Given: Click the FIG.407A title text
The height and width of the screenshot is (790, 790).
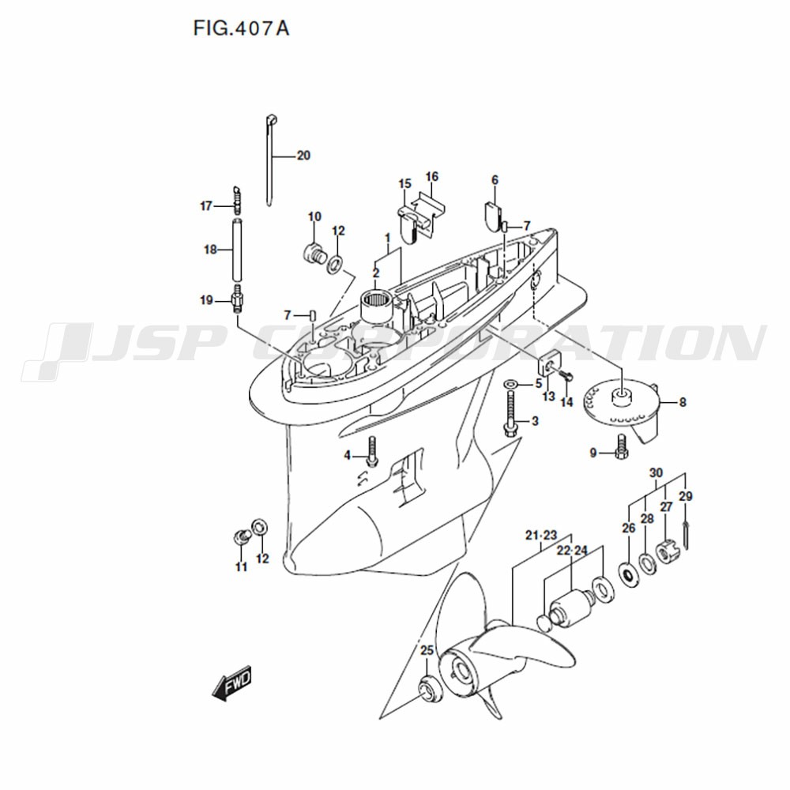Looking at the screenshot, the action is click(241, 28).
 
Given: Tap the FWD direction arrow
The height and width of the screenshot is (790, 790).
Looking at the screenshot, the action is click(231, 685).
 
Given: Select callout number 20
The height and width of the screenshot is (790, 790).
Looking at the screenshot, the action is click(303, 156).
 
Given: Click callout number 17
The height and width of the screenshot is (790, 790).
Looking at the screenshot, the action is click(206, 206).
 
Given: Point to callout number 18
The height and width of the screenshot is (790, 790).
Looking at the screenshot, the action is click(210, 250).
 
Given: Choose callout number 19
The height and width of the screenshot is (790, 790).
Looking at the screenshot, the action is click(206, 301).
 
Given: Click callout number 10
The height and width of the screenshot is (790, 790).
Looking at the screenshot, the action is click(314, 217).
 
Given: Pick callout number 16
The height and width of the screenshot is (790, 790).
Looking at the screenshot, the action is click(432, 177).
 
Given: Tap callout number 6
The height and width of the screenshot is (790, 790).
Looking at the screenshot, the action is click(495, 180).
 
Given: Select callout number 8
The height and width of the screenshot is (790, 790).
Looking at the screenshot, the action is click(683, 403).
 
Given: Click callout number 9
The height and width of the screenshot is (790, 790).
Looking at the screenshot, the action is click(593, 453).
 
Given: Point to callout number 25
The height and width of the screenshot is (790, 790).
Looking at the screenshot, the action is click(427, 650).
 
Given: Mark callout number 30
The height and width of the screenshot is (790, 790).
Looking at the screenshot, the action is click(656, 473).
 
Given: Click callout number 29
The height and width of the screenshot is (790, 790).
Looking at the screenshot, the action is click(686, 497).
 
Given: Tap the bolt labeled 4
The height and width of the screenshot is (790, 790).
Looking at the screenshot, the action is click(372, 451).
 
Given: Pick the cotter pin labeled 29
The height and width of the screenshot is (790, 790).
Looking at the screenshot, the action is click(687, 535).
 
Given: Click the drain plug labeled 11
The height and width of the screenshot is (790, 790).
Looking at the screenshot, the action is click(241, 536).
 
